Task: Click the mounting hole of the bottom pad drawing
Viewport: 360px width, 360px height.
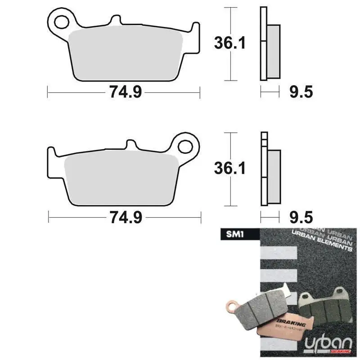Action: (185, 146)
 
